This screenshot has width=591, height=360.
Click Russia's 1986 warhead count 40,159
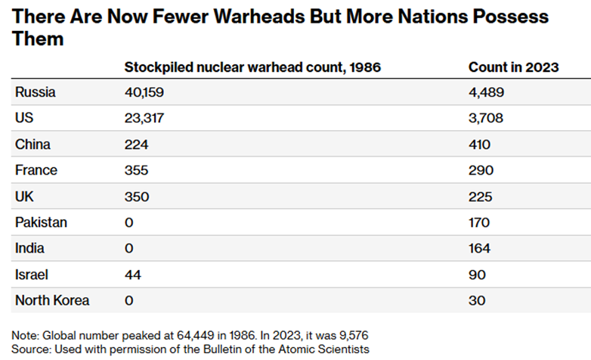(144, 93)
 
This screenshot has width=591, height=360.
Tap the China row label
(32, 144)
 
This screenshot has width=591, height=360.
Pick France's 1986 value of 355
(137, 171)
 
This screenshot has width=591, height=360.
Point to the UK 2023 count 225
(481, 197)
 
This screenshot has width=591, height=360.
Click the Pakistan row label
(41, 222)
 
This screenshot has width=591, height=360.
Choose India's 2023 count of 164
(480, 248)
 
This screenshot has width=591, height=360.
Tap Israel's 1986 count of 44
(132, 275)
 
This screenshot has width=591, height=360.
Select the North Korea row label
(52, 300)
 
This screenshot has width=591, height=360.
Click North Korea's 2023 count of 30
(477, 300)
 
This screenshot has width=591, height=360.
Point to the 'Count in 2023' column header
(513, 67)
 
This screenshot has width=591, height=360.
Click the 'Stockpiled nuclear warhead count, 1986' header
(252, 67)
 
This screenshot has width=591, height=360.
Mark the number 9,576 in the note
(351, 335)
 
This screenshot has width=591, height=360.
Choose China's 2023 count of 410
(480, 144)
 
